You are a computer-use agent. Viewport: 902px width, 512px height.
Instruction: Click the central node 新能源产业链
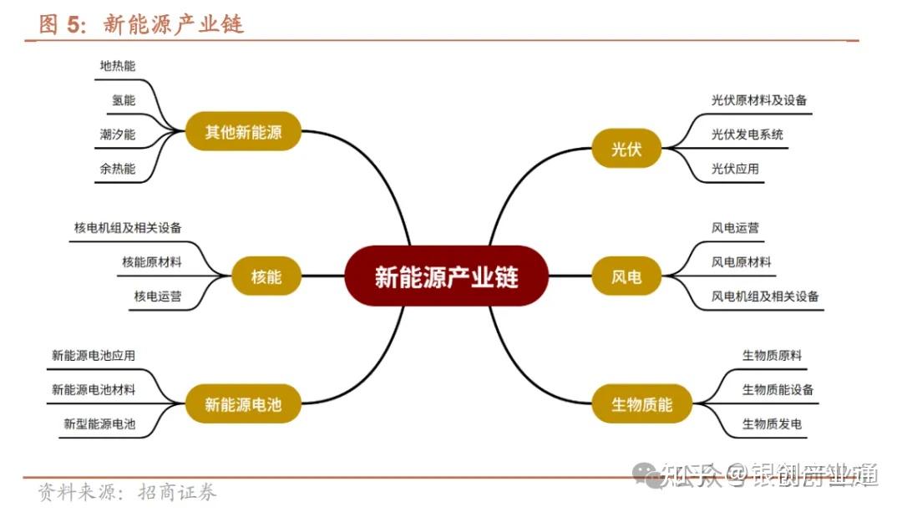pyautogui.click(x=446, y=276)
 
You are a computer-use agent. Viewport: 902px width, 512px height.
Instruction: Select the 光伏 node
pyautogui.click(x=626, y=150)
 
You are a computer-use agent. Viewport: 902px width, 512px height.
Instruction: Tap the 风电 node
pyautogui.click(x=626, y=276)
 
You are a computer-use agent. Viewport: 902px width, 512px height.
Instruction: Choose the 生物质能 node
pyautogui.click(x=641, y=405)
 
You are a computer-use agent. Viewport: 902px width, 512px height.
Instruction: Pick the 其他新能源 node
pyautogui.click(x=243, y=131)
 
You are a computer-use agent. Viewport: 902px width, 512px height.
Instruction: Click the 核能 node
pyautogui.click(x=266, y=276)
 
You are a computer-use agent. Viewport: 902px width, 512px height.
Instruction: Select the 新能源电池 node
pyautogui.click(x=243, y=405)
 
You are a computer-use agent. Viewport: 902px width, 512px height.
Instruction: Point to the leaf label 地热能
pyautogui.click(x=117, y=66)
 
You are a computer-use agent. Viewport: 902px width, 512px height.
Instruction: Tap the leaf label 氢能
pyautogui.click(x=123, y=100)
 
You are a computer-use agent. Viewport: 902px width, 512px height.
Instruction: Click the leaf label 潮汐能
pyautogui.click(x=117, y=134)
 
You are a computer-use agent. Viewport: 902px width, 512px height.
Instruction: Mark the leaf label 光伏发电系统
pyautogui.click(x=747, y=134)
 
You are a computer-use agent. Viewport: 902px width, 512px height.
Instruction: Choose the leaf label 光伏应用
pyautogui.click(x=735, y=169)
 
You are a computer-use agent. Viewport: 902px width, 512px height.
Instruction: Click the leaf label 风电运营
pyautogui.click(x=735, y=227)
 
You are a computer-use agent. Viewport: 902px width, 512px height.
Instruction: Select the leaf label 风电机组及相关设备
pyautogui.click(x=765, y=296)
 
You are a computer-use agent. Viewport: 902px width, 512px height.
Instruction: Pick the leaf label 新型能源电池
pyautogui.click(x=99, y=423)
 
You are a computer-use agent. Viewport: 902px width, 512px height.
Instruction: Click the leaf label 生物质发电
pyautogui.click(x=772, y=423)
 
